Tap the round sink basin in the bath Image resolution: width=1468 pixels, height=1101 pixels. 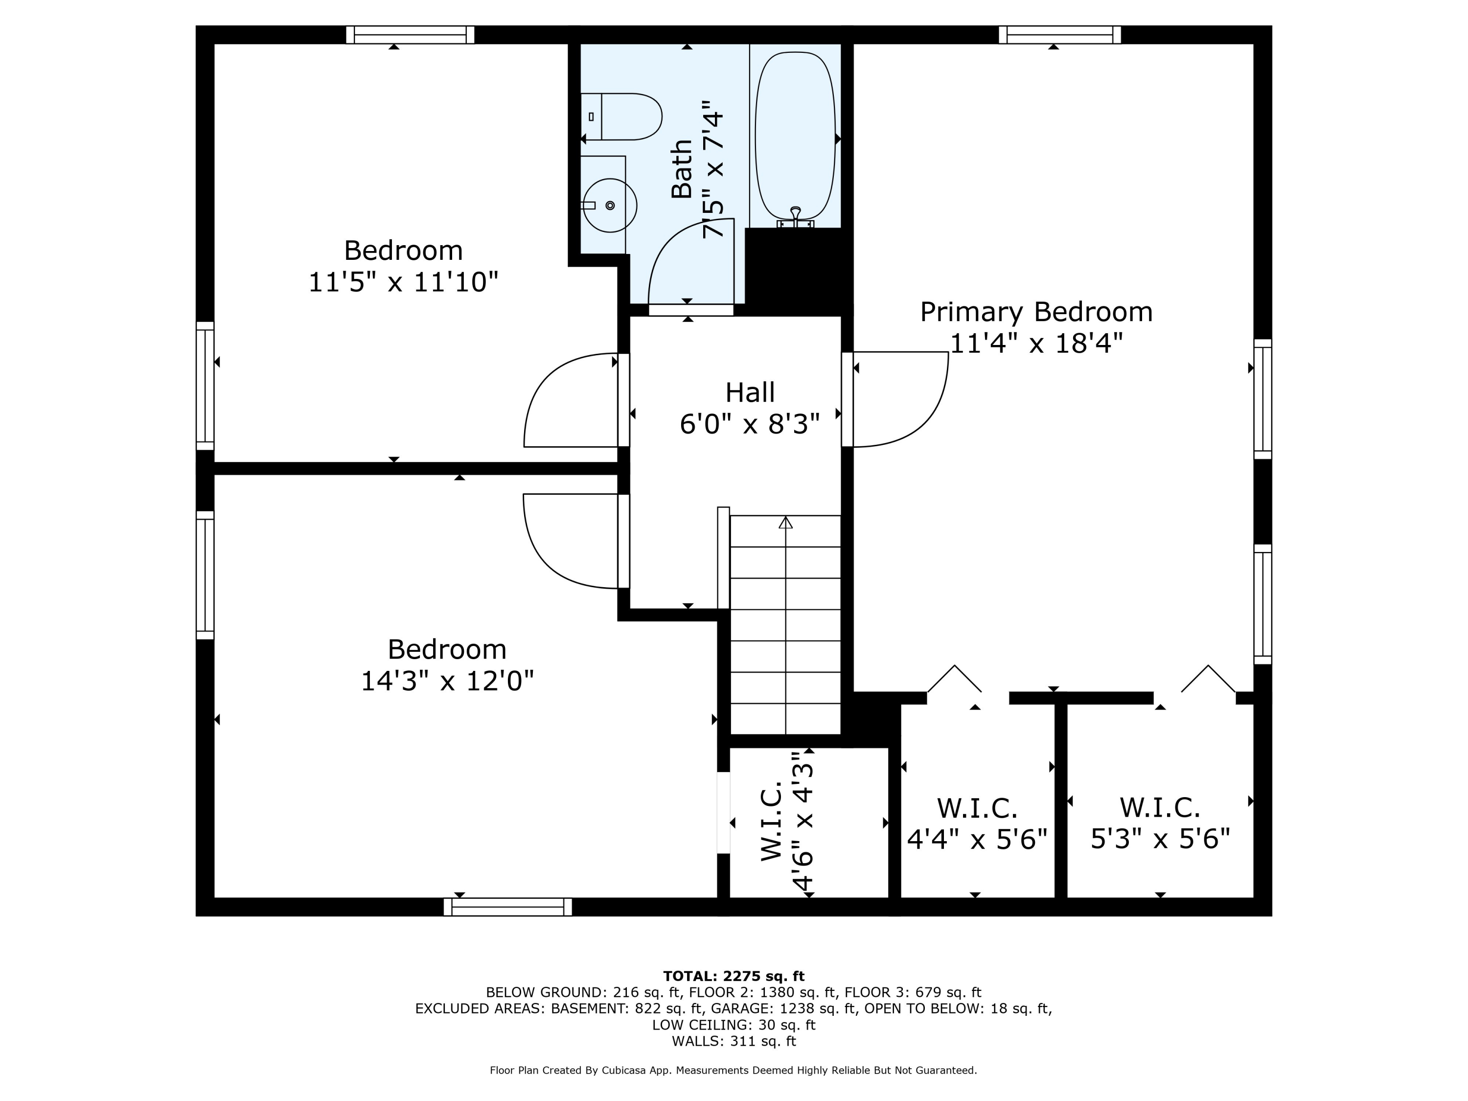tap(610, 205)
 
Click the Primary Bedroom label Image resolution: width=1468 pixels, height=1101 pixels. tap(1036, 312)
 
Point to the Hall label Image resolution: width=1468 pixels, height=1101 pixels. tap(750, 392)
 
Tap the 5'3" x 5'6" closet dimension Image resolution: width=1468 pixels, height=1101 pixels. tap(1160, 839)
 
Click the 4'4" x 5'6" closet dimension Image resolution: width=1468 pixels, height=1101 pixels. tap(977, 839)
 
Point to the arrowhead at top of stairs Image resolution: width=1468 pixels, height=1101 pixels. tap(786, 522)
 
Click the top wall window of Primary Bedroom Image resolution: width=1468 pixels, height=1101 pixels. tap(1060, 35)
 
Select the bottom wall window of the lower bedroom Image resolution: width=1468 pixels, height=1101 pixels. tap(508, 907)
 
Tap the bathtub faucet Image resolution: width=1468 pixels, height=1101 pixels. tap(796, 217)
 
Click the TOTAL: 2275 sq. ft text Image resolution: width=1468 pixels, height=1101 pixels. tap(734, 976)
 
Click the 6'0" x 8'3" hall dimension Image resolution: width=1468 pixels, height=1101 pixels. tap(750, 423)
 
